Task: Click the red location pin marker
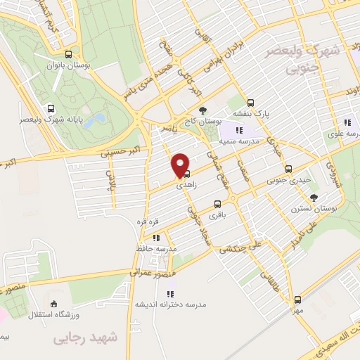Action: click(x=181, y=166)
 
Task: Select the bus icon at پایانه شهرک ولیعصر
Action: click(x=50, y=109)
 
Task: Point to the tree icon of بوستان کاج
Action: click(x=202, y=110)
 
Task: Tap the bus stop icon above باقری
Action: click(x=217, y=205)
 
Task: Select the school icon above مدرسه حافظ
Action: click(x=155, y=237)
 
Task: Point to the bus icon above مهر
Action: click(x=298, y=299)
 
